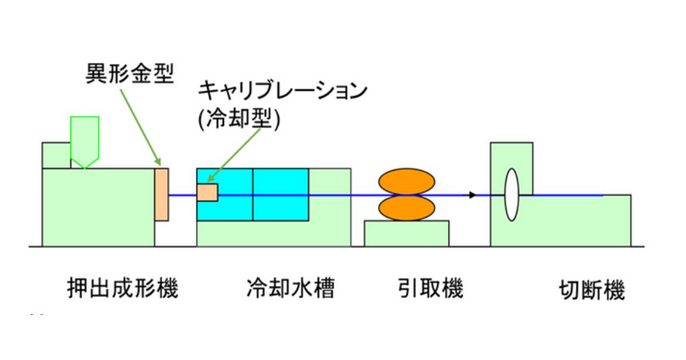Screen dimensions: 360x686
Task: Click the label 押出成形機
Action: point(122,290)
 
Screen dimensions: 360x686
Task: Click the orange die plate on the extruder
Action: point(162,193)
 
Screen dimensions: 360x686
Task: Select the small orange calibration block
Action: point(207,193)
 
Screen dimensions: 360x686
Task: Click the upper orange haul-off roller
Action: point(406,181)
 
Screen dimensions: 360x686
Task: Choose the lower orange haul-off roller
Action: point(406,208)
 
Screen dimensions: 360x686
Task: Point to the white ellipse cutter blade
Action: point(510,193)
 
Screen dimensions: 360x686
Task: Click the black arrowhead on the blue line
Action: point(470,194)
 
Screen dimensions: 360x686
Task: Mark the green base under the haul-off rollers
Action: point(406,233)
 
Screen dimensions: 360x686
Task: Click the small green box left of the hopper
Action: point(56,155)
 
